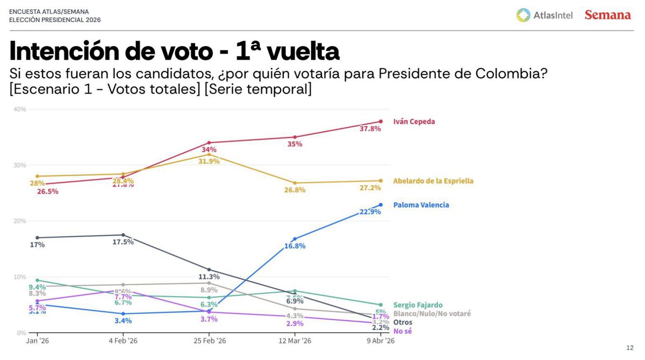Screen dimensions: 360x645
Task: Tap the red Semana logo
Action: click(x=607, y=15)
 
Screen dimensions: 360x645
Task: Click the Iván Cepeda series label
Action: click(x=414, y=121)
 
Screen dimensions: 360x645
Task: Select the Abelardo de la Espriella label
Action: click(x=433, y=181)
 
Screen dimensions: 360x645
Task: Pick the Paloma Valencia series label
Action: click(x=421, y=205)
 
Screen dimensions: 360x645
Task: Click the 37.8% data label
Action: click(x=385, y=129)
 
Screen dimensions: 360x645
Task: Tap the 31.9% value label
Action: click(x=209, y=161)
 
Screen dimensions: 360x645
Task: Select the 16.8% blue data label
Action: click(x=295, y=246)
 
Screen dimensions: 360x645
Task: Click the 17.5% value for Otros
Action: click(x=123, y=242)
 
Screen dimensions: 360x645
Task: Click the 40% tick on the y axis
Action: click(x=20, y=109)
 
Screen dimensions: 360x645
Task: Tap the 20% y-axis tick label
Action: click(x=20, y=221)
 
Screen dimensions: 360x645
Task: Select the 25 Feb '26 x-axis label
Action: click(x=209, y=341)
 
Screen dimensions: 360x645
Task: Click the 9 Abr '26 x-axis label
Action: click(x=381, y=341)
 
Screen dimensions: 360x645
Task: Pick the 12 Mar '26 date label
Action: click(x=295, y=341)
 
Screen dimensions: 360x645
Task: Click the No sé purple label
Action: click(x=403, y=331)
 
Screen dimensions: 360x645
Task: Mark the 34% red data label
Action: click(x=209, y=149)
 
